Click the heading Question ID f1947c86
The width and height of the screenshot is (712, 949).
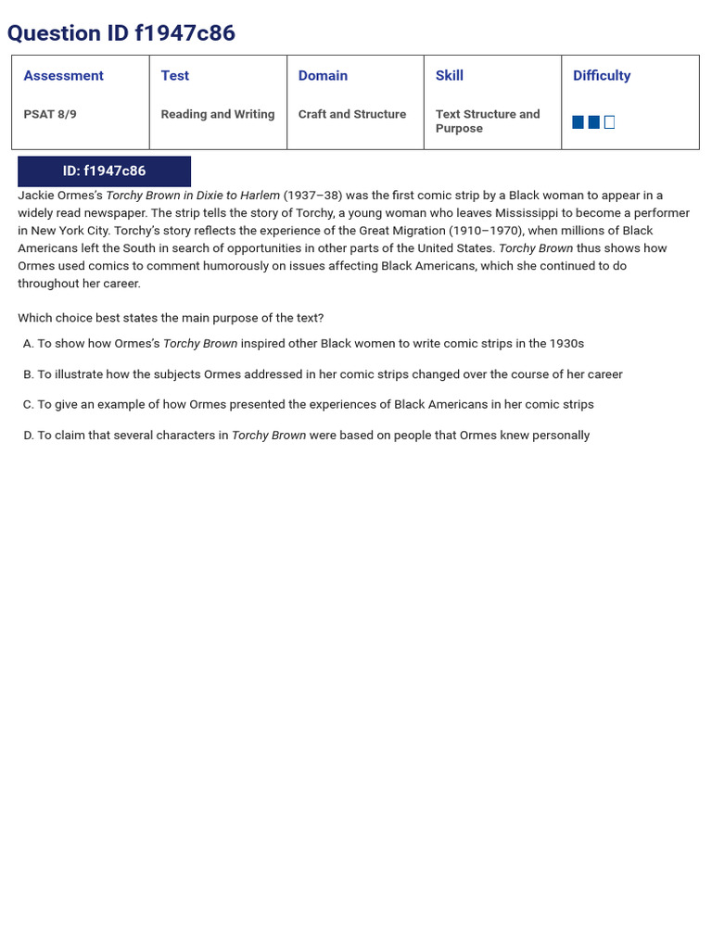[121, 33]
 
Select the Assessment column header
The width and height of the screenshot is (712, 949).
[63, 76]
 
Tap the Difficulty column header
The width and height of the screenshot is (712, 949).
[602, 76]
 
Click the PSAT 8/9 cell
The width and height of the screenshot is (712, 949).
[50, 115]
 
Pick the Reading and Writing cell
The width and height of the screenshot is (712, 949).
[218, 115]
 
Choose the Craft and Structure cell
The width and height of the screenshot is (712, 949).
[352, 115]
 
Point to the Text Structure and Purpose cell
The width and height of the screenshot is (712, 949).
[488, 121]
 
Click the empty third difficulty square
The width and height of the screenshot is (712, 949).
[609, 122]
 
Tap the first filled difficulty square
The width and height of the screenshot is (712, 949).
[578, 122]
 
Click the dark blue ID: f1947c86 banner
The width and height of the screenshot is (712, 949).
[104, 171]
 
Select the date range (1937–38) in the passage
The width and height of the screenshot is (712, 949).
[313, 196]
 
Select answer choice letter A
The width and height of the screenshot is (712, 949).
[28, 344]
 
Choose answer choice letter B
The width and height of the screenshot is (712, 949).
[28, 374]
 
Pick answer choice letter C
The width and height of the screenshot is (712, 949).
[28, 405]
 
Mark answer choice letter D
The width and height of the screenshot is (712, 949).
[28, 436]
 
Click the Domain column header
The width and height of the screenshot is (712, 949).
[323, 76]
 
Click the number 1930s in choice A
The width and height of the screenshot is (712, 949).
[566, 344]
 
